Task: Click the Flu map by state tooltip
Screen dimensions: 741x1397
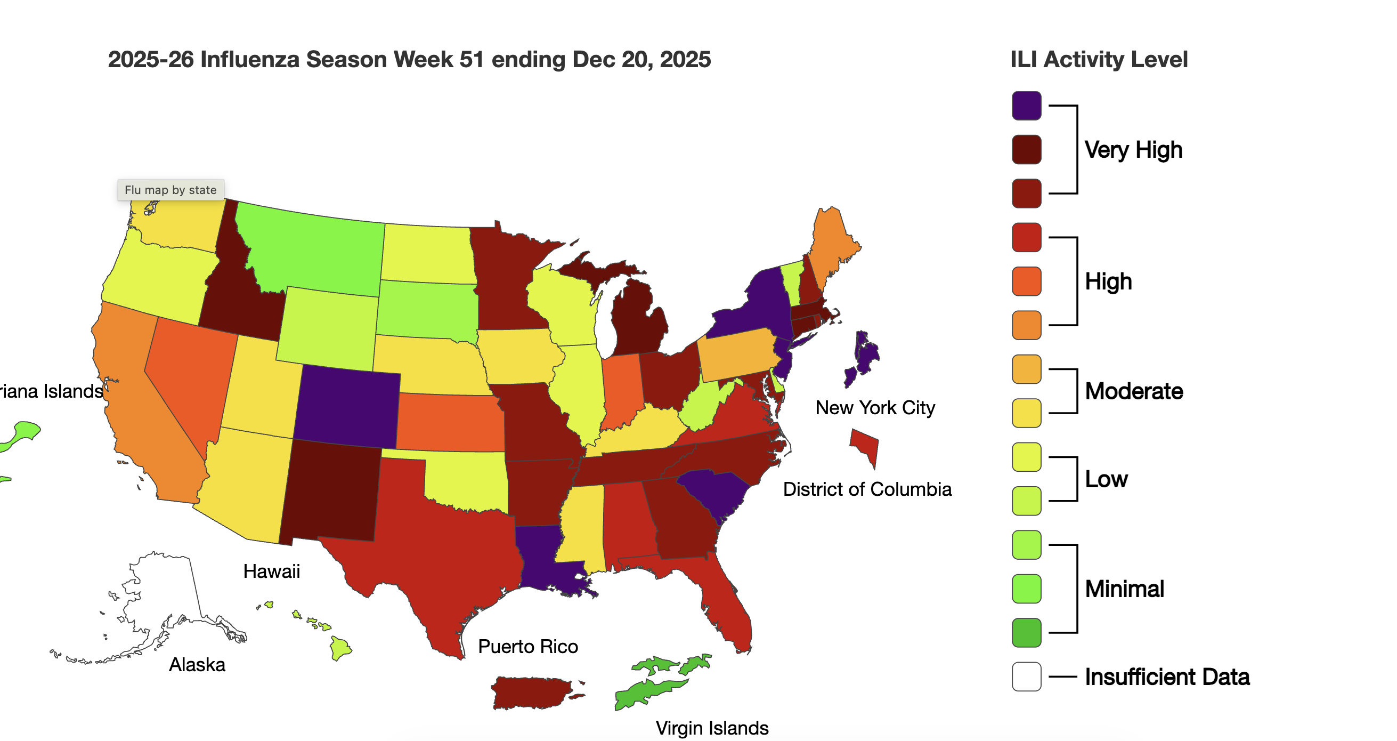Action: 170,190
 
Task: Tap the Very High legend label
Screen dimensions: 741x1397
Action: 1133,150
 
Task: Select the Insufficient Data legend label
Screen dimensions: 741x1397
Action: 1166,676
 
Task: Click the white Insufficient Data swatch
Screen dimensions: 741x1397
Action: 1026,676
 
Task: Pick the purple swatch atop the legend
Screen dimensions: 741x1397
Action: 1026,106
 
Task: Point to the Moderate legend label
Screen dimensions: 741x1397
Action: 1133,391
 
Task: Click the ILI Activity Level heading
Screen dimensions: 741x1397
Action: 1098,60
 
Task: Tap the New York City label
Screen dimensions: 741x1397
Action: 875,408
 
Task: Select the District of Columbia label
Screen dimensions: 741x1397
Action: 867,489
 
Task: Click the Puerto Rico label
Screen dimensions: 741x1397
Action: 527,647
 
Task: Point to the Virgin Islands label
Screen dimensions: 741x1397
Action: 711,728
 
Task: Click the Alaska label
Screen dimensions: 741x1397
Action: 197,665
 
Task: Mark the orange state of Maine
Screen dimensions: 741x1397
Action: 832,244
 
